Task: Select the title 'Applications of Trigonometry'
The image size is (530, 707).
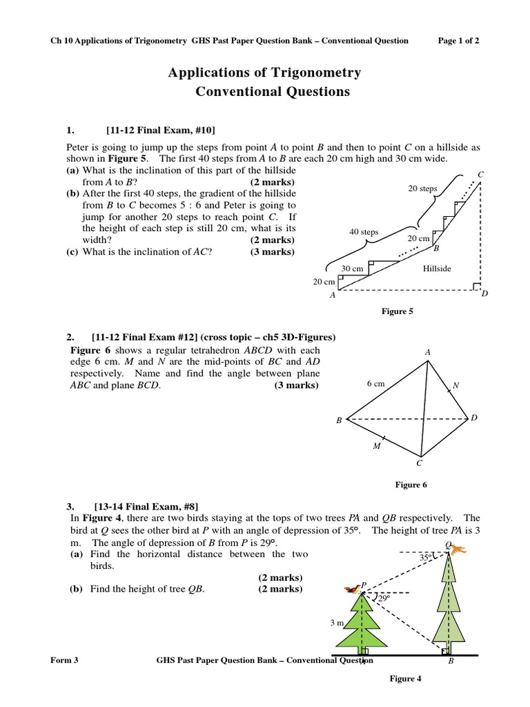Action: [x=264, y=72]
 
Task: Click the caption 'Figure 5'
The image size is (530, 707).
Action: [x=397, y=311]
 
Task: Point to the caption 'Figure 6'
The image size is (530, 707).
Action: [x=411, y=485]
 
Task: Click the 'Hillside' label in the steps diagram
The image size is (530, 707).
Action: [x=437, y=269]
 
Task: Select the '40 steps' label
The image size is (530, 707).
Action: [x=364, y=232]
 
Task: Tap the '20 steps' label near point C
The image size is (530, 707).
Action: [x=423, y=188]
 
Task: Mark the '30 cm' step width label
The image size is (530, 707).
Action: [x=352, y=269]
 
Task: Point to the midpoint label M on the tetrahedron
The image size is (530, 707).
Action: [x=377, y=446]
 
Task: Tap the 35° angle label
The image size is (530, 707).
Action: [x=426, y=556]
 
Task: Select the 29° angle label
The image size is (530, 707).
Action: [x=384, y=599]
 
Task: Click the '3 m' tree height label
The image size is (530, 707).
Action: [x=337, y=623]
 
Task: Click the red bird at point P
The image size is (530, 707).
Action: [x=353, y=588]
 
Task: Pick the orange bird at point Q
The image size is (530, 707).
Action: [x=458, y=549]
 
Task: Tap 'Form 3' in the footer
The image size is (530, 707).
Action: [x=65, y=660]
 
